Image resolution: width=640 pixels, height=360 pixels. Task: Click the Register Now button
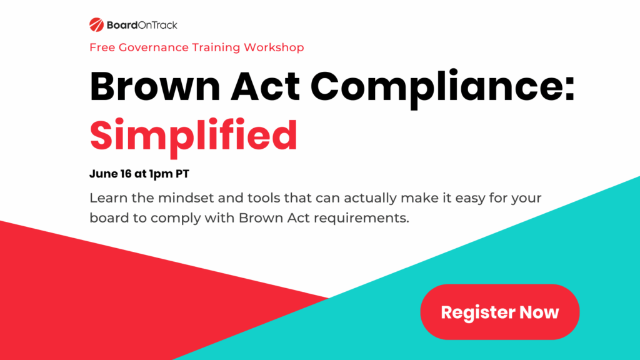pos(499,312)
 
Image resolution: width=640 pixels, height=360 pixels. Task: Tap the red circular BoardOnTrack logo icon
pos(96,25)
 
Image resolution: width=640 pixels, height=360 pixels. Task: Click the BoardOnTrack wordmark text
pos(142,25)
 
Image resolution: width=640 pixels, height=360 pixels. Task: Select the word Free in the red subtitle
pos(101,47)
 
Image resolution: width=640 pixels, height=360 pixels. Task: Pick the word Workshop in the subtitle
pos(274,47)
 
